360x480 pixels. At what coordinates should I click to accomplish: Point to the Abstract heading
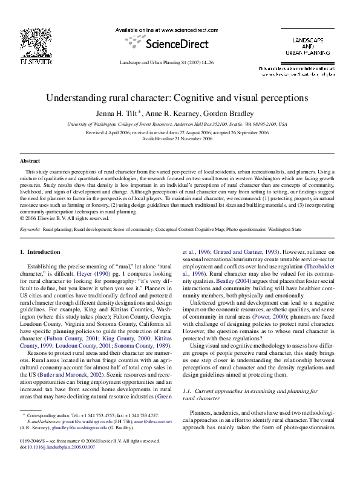(30, 161)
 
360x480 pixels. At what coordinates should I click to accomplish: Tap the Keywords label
(30, 230)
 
